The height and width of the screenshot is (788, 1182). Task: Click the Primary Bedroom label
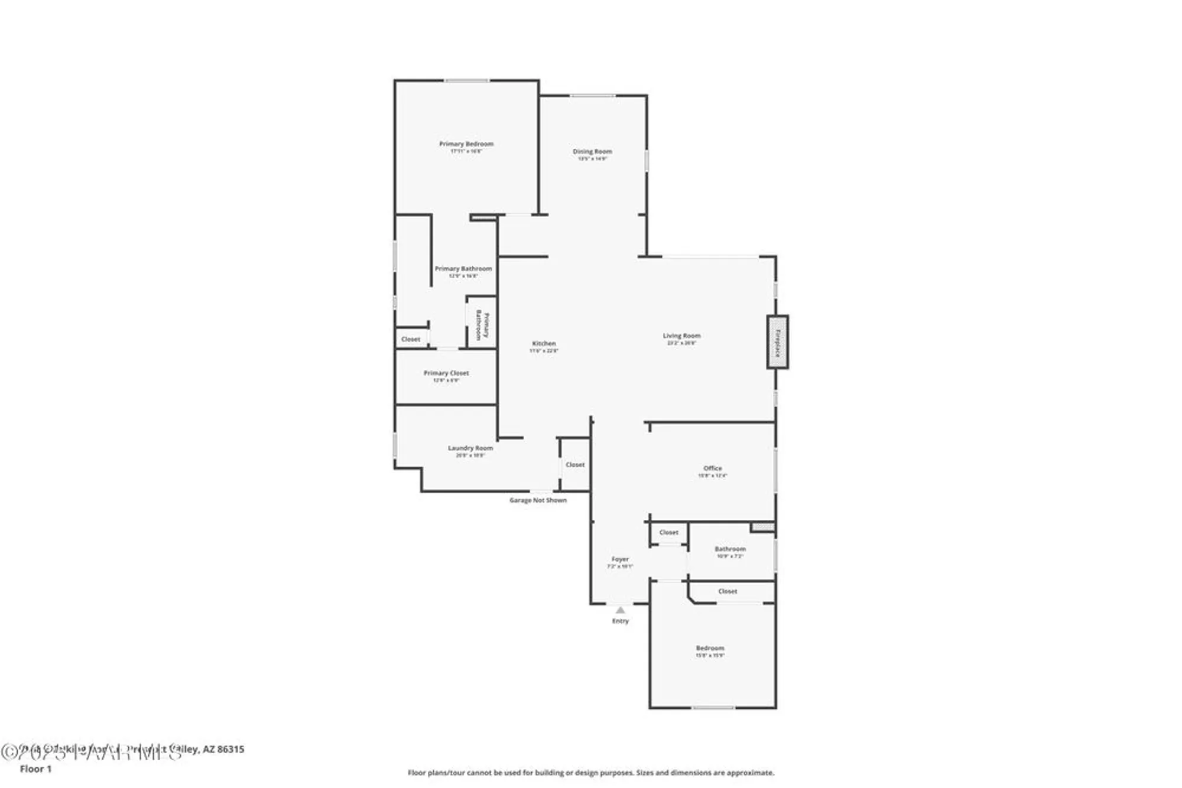pos(466,144)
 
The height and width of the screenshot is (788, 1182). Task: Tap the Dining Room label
pos(592,152)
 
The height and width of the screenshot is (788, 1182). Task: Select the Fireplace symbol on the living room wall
pos(777,343)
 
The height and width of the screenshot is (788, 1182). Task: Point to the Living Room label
pos(681,336)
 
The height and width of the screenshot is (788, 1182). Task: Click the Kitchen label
pos(544,344)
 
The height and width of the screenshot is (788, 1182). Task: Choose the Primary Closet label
pos(446,373)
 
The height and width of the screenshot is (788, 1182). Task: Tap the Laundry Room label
pos(470,448)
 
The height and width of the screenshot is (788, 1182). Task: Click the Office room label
pos(712,468)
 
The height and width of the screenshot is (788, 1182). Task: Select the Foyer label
pos(620,559)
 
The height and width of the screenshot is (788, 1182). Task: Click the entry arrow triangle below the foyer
pos(620,610)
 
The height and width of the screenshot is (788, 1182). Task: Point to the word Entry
pos(620,621)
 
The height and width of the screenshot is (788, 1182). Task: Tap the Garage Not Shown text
pos(538,500)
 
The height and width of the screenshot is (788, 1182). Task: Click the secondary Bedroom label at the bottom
pos(710,648)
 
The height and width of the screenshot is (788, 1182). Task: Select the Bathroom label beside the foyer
pos(730,549)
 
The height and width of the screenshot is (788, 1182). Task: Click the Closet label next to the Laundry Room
pos(575,465)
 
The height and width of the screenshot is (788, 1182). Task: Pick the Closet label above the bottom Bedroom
pos(728,591)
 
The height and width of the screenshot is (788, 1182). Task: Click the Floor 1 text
pos(36,769)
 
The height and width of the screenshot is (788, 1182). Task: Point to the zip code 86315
pos(230,750)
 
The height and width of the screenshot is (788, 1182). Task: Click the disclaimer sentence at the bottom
pos(590,773)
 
